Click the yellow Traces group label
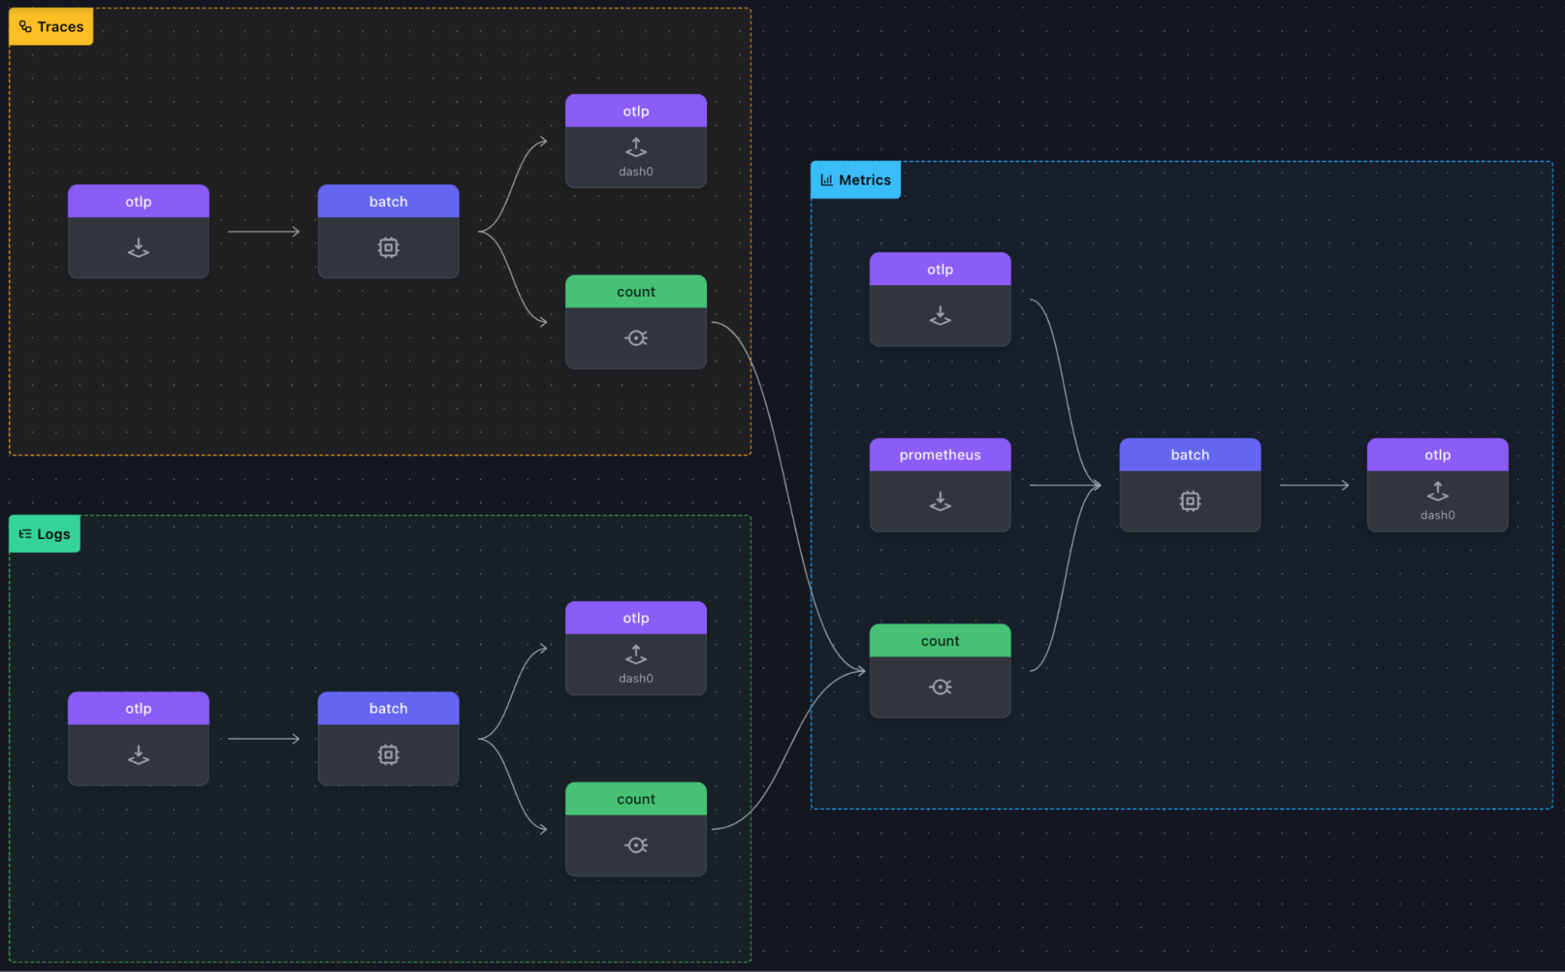point(51,27)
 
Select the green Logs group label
point(45,534)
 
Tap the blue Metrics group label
point(856,180)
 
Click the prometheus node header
point(939,455)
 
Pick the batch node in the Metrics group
point(1189,485)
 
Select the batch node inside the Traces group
point(388,232)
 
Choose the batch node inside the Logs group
point(388,739)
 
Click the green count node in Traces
point(636,322)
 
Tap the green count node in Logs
point(636,829)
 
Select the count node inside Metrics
point(939,670)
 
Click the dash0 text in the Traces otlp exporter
point(636,172)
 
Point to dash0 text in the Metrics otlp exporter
point(1437,515)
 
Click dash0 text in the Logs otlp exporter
point(636,678)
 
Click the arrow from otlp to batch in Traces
point(264,232)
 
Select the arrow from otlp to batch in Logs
point(264,739)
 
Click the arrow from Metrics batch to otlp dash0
point(1314,486)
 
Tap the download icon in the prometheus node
point(939,501)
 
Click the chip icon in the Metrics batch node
point(1189,501)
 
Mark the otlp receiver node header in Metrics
point(939,269)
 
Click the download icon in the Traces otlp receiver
point(139,248)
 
